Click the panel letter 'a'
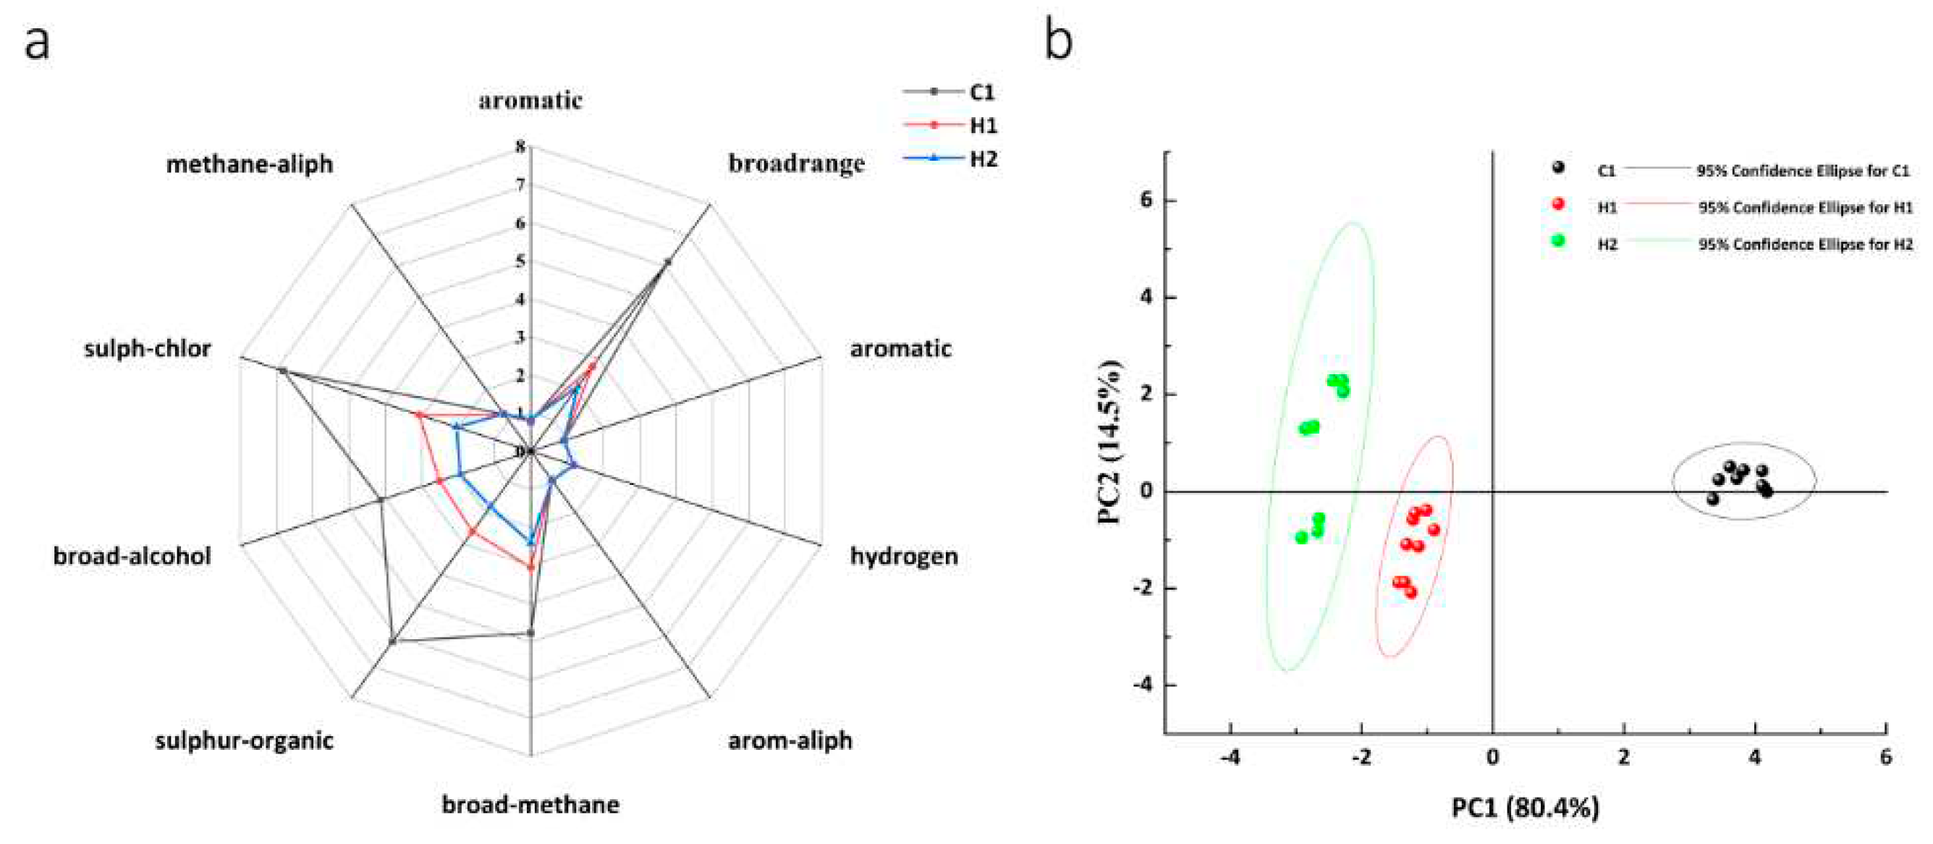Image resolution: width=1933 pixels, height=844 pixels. [x=37, y=43]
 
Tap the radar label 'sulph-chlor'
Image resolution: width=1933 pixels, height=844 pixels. [x=147, y=349]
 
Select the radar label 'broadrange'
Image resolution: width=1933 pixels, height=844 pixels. [x=796, y=164]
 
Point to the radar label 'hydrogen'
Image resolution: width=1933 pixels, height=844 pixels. [x=903, y=556]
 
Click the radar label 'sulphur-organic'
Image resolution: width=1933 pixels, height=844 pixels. [x=244, y=740]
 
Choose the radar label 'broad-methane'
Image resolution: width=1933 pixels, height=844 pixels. [x=530, y=804]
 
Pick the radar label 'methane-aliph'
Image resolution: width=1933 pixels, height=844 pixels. [x=249, y=164]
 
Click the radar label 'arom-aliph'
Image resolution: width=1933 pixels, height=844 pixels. [x=790, y=740]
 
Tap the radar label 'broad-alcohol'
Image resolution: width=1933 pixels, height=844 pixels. [x=132, y=556]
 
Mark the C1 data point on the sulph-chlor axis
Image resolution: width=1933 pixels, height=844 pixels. [x=282, y=371]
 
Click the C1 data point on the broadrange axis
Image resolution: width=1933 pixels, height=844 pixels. [x=667, y=262]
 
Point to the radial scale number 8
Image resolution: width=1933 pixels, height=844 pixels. [x=520, y=147]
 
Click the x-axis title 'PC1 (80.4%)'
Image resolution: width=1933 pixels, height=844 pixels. [x=1525, y=808]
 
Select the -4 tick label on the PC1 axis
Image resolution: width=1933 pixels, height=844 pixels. [x=1230, y=758]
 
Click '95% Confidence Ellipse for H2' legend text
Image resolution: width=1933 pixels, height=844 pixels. [x=1806, y=244]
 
